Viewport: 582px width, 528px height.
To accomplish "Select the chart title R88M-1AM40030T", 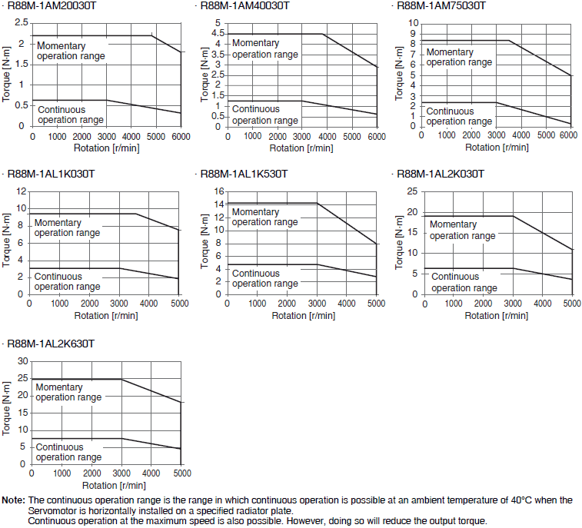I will coord(244,6).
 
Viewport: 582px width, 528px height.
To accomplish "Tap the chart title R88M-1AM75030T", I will coord(441,6).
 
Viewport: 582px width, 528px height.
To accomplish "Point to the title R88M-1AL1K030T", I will coord(51,174).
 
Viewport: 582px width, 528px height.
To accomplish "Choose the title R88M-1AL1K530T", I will coord(244,174).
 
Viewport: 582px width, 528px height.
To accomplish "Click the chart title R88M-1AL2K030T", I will coord(440,174).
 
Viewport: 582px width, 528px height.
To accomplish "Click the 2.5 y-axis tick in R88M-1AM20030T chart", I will coord(22,23).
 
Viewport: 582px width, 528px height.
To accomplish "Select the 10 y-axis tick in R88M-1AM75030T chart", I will coord(412,23).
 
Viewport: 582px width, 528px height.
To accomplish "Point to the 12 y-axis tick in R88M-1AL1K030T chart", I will coord(20,191).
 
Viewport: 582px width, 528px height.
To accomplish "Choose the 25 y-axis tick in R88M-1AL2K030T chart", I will coord(412,191).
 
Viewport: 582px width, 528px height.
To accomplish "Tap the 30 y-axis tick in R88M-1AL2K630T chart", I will coord(22,361).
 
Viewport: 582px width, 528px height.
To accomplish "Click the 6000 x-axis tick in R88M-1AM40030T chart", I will coord(376,136).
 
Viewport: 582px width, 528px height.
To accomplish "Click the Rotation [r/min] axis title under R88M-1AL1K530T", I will coord(302,315).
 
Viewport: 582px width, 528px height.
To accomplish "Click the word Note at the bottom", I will coord(13,500).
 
